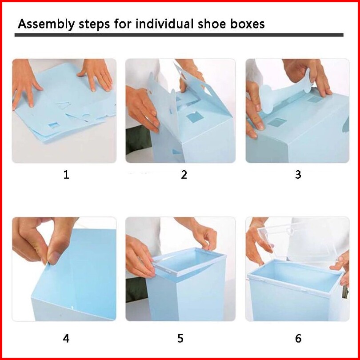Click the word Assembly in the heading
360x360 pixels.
pos(46,24)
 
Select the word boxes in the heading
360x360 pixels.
pos(248,24)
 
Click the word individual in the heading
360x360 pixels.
pos(164,24)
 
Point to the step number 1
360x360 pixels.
pos(66,175)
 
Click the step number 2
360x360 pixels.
pos(184,175)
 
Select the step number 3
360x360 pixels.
pos(298,175)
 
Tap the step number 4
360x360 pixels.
pos(66,338)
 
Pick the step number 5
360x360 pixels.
pos(180,338)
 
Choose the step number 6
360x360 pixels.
pos(298,338)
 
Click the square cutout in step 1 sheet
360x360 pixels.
pos(54,125)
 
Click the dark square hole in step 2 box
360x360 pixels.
pos(195,117)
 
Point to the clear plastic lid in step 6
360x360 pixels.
pos(299,241)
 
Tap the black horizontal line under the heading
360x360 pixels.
pos(179,35)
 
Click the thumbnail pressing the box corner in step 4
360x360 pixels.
pos(53,258)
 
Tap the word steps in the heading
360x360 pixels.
pos(94,24)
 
